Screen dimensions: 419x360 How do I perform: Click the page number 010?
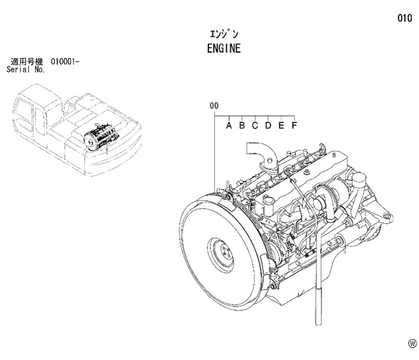[405, 18]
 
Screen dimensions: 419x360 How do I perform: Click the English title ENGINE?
[224, 48]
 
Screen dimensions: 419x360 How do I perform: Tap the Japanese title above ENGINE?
[224, 34]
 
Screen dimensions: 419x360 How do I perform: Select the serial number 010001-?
[65, 62]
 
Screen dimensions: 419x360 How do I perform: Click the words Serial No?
[25, 70]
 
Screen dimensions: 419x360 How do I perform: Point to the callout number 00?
[214, 106]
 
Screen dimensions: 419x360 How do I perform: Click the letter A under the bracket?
[229, 125]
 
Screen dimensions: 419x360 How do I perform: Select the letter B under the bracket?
[242, 125]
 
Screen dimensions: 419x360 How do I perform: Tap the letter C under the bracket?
[255, 125]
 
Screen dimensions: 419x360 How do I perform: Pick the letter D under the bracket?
[268, 125]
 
